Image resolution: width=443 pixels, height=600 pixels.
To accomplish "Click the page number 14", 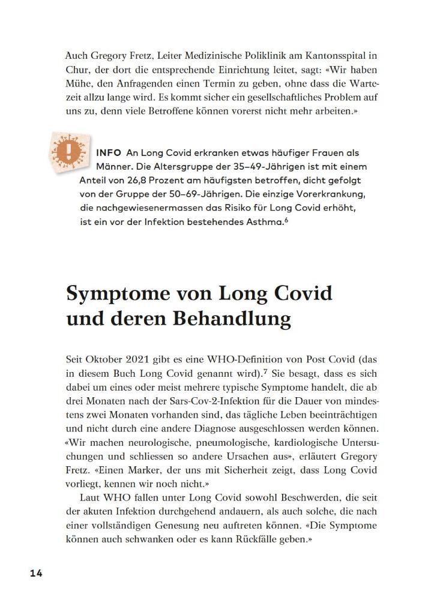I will [36, 573].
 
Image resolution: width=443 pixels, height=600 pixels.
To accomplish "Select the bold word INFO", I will [109, 154].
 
